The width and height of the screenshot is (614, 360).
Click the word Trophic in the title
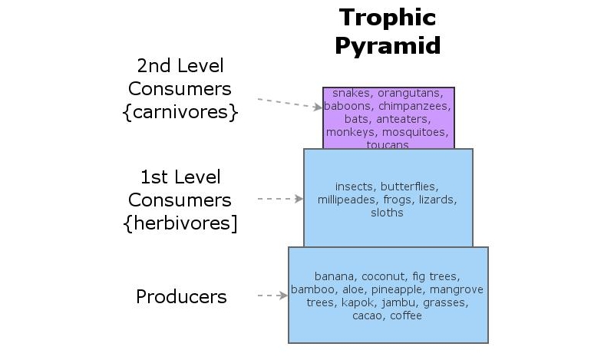click(x=388, y=17)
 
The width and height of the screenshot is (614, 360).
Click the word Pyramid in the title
click(x=388, y=45)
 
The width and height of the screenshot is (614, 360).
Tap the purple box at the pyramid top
click(x=388, y=117)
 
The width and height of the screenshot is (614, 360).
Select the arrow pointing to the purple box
click(x=289, y=104)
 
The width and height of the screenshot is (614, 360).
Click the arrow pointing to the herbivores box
click(x=280, y=199)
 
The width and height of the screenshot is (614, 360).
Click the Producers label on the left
click(x=181, y=296)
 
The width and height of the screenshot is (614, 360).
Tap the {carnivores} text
click(x=180, y=112)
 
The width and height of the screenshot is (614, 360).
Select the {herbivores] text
click(x=180, y=223)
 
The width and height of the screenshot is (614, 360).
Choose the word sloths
click(x=388, y=213)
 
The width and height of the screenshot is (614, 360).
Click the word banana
click(x=332, y=276)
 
